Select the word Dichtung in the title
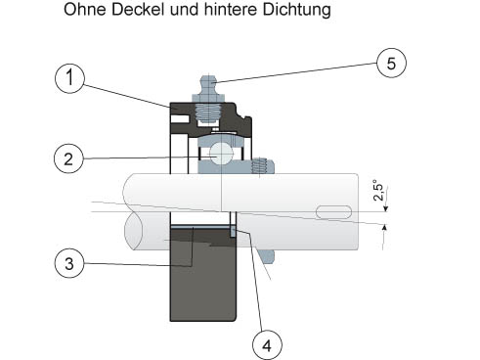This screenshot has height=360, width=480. (296, 10)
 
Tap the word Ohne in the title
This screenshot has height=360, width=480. (85, 10)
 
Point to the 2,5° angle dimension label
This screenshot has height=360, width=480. (378, 190)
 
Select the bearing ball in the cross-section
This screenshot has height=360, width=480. (221, 154)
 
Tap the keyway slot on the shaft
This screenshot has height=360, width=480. (334, 212)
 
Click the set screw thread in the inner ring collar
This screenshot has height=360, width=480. (259, 165)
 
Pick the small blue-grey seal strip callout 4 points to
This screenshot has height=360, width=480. (234, 232)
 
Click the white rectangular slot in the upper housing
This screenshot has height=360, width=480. (180, 119)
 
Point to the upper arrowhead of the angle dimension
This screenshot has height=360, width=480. (385, 208)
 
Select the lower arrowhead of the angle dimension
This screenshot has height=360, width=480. (384, 227)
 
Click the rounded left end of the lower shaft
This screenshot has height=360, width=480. (133, 231)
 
